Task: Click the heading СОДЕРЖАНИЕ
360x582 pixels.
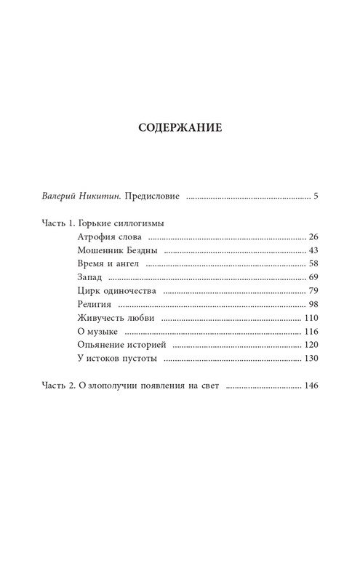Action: [180, 128]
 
